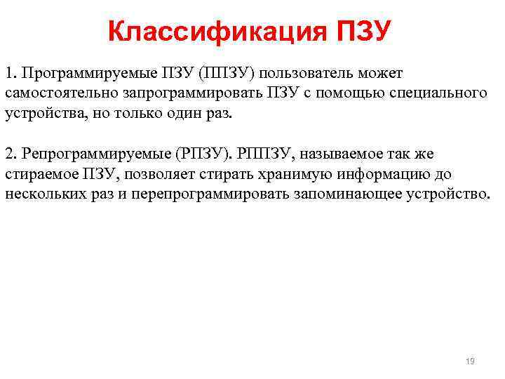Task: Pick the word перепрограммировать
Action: click(208, 193)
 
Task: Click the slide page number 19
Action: click(470, 361)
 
